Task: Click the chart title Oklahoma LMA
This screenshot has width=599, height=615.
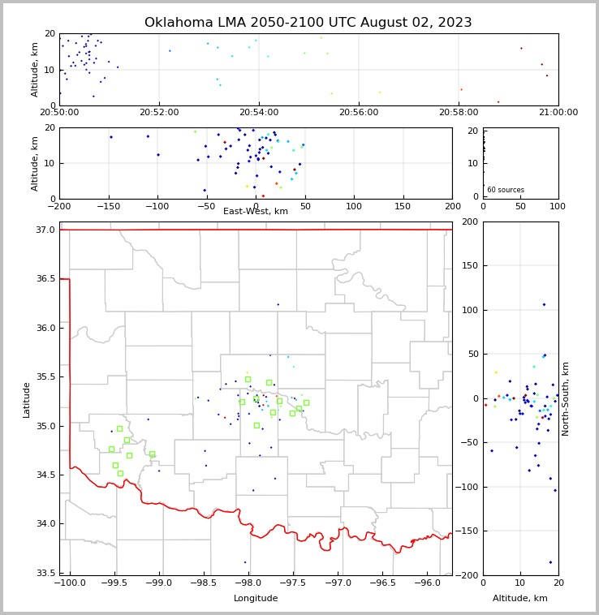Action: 308,23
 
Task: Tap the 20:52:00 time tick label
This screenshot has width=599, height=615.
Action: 159,113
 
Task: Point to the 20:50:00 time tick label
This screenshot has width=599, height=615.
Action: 59,113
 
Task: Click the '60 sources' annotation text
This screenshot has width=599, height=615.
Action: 506,190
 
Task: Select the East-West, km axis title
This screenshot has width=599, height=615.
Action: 256,212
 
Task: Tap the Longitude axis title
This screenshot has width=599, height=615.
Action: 256,598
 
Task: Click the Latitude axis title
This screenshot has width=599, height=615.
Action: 27,399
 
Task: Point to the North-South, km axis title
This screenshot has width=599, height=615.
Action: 566,398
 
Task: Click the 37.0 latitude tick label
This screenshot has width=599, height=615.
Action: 46,230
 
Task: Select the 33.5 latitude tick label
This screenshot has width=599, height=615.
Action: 46,573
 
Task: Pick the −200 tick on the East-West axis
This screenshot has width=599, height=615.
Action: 59,206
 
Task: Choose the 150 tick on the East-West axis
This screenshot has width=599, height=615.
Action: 403,206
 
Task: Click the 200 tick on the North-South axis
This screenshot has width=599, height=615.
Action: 469,221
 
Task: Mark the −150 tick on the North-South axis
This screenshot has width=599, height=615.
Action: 466,531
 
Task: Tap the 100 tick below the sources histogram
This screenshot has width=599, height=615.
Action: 558,206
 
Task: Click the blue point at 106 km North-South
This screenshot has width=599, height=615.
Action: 544,304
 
